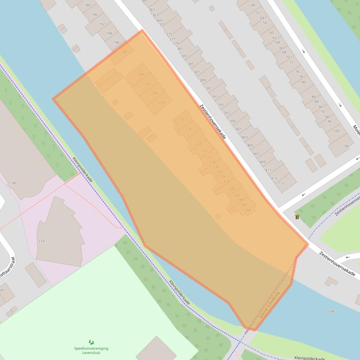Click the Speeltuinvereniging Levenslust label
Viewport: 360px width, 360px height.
coord(91,350)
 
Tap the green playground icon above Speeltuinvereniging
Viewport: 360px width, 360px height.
coord(91,342)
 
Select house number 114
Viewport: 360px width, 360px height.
coord(41,241)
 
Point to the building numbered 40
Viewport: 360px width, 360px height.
coord(14,183)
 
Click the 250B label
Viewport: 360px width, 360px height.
coord(330,311)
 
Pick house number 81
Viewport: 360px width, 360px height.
coord(2,290)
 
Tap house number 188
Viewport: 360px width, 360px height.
coord(87,5)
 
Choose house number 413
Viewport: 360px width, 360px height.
coord(274,179)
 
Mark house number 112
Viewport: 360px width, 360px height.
coord(281,183)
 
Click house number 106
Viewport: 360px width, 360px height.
coord(346,146)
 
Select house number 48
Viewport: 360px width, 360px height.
coord(253,5)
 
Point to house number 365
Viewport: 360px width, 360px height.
coord(152,9)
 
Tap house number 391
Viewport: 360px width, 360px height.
coord(208,88)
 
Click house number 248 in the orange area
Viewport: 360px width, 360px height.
coord(247,210)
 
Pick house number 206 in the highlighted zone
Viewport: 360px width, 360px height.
coord(162,102)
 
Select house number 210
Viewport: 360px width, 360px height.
coord(181,120)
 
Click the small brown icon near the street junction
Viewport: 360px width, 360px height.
coord(297,217)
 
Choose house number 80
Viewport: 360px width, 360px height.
coord(303,82)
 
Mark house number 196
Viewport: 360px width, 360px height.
coord(116,43)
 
